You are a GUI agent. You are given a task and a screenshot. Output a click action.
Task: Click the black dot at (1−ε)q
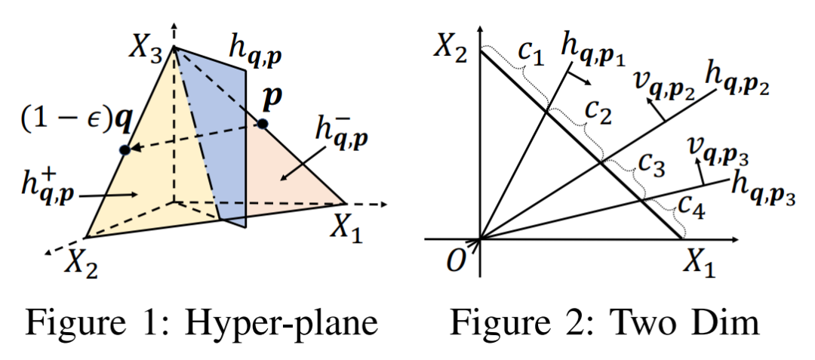point(125,149)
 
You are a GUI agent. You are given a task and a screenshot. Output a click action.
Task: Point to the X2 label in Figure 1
point(82,261)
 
